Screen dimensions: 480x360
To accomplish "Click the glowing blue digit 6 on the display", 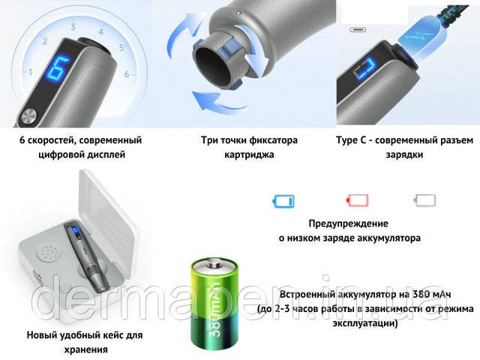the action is [59, 67].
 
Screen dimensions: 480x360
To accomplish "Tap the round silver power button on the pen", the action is [30, 117].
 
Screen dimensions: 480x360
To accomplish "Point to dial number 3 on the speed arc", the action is [73, 26].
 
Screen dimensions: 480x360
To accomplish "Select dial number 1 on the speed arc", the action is [30, 72].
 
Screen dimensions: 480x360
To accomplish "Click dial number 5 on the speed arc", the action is [121, 48].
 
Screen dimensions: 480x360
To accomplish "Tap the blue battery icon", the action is [283, 201].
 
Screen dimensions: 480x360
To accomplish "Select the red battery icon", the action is [357, 200].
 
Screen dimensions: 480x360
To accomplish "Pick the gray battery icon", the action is [424, 200].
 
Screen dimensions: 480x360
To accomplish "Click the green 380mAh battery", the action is [214, 304].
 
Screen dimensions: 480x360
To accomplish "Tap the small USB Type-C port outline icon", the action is [358, 30].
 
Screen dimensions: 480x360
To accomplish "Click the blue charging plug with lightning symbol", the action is [421, 38].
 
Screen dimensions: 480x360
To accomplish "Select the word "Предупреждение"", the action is [348, 223].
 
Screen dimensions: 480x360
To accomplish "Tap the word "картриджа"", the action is [249, 154].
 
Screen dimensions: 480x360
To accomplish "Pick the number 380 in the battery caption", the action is [421, 294].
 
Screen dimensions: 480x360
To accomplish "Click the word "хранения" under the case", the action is [86, 349].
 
